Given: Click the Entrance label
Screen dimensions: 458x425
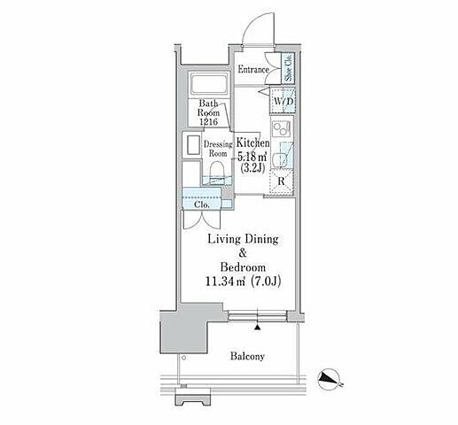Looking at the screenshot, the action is [253, 70].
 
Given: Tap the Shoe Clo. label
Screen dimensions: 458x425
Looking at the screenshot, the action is [288, 68].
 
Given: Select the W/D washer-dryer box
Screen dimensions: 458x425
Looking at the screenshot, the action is [283, 101].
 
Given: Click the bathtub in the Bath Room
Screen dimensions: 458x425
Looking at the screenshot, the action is [209, 83].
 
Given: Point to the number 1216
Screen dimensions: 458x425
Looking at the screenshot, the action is [208, 121].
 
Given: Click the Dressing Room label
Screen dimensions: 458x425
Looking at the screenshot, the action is [218, 149].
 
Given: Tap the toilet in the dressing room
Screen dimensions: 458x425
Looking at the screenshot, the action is [217, 169].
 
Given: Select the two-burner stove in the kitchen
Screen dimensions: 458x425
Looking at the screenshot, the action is [281, 128].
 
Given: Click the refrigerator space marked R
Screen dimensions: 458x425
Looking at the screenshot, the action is [282, 182].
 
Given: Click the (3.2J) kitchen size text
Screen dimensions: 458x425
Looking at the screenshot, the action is [252, 168].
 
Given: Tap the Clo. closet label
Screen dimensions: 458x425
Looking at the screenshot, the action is [202, 205].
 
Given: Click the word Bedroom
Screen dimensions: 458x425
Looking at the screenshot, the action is [243, 267].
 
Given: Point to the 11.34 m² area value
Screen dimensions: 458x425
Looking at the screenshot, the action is [225, 282].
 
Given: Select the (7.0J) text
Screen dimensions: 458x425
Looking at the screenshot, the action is [266, 282].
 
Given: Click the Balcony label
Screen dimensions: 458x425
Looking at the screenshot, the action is [247, 356].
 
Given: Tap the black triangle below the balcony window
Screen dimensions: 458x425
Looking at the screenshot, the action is [258, 327].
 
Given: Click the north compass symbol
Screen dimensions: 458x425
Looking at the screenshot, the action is [329, 379].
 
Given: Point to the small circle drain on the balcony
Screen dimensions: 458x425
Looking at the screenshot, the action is [184, 358].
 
